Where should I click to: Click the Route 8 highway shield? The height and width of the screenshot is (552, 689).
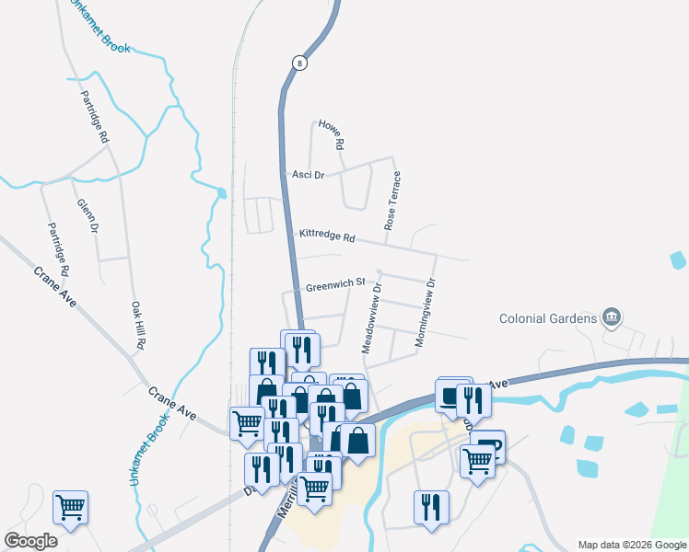click(x=299, y=63)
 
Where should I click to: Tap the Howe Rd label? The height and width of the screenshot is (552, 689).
click(x=331, y=135)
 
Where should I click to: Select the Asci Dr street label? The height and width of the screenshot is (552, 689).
click(x=308, y=175)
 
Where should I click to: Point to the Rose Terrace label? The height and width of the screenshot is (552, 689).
click(x=391, y=200)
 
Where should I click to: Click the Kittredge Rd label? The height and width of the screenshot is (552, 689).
click(x=327, y=236)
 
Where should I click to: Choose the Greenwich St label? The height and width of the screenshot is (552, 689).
click(x=336, y=283)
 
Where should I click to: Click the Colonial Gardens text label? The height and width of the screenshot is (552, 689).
click(x=548, y=318)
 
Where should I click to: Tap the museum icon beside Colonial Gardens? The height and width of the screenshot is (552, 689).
click(x=610, y=318)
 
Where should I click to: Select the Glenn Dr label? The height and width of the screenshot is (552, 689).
click(x=88, y=215)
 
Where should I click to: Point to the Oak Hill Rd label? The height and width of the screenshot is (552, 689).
click(x=138, y=325)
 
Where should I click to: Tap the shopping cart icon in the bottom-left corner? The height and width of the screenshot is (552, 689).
click(x=71, y=506)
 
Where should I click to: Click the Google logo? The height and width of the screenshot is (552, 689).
click(x=30, y=541)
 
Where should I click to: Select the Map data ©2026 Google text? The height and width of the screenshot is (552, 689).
click(x=632, y=545)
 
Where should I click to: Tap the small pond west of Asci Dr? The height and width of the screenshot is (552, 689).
click(x=221, y=193)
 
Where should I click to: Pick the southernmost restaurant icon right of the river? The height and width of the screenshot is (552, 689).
click(x=431, y=507)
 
